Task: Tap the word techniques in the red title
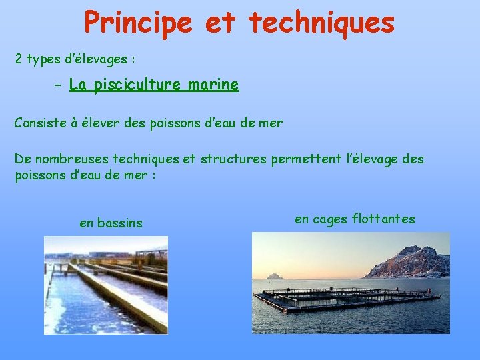click(x=322, y=22)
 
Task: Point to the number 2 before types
click(x=19, y=59)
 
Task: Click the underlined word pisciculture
click(x=137, y=85)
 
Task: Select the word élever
click(x=114, y=123)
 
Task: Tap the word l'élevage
click(x=374, y=159)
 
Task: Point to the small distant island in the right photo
click(x=274, y=276)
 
